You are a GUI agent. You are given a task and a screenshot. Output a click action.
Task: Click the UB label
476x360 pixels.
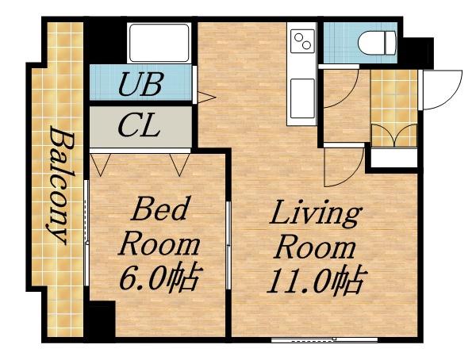141,83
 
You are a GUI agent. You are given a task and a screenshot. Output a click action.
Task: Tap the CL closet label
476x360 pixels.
139,124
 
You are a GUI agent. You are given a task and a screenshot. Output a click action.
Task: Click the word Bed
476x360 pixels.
159,209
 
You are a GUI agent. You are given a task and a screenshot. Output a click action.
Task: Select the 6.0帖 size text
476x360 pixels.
160,278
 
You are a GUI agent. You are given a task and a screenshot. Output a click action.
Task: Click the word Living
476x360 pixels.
316,214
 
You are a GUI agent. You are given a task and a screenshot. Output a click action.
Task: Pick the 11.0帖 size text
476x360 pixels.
317,281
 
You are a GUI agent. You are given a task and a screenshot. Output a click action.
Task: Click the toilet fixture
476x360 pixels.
378,43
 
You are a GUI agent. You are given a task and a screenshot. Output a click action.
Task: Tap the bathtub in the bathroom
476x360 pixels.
159,43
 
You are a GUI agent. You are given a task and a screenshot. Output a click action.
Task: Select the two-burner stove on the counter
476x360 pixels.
303,41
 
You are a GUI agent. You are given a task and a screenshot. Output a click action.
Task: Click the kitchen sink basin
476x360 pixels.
302,98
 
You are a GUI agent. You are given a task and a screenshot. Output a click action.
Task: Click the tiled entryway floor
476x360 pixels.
393,108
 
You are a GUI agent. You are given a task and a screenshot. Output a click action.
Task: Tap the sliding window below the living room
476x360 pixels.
324,339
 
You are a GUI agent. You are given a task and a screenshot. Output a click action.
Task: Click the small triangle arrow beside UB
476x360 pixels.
206,98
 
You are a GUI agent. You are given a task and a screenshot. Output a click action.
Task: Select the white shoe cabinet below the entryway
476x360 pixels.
394,158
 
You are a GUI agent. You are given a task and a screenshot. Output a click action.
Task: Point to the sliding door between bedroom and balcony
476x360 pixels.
86,233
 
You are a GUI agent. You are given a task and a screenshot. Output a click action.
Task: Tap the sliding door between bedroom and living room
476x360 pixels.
228,245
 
